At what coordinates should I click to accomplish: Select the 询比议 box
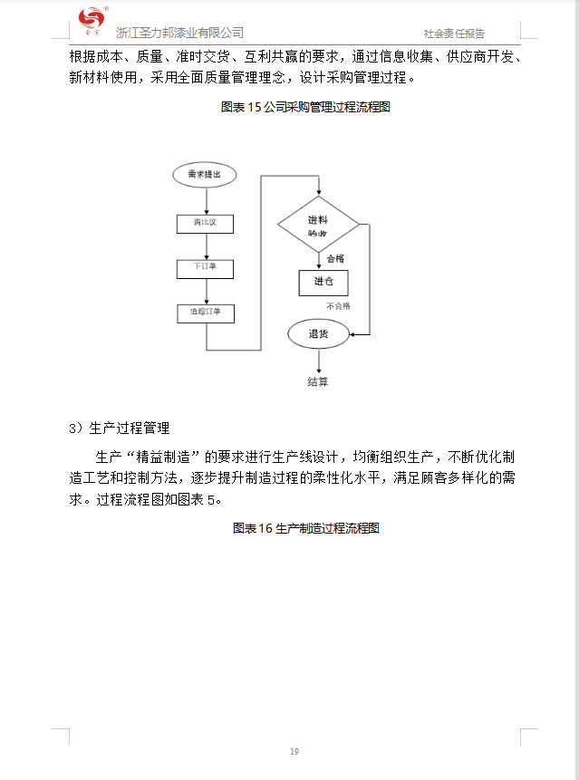tap(206, 223)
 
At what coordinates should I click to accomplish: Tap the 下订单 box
tap(206, 269)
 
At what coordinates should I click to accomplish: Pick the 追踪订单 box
tap(206, 313)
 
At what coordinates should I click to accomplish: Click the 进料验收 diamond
tap(318, 225)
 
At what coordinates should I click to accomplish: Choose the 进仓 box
tap(323, 282)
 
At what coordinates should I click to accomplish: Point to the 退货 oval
tap(318, 334)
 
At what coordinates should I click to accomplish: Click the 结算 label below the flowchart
tap(318, 381)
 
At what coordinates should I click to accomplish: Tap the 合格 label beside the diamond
tap(335, 258)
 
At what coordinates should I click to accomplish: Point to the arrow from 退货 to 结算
tap(318, 360)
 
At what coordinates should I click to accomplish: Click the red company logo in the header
tap(92, 19)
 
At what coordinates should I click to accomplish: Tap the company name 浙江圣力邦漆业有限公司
tap(179, 33)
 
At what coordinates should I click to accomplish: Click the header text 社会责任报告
tap(454, 34)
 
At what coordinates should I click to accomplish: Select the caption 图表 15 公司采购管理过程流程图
tap(305, 107)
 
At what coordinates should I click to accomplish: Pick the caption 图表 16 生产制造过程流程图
tap(305, 528)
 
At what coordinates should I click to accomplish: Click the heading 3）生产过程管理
tap(119, 428)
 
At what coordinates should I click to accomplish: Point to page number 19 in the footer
tap(294, 751)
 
